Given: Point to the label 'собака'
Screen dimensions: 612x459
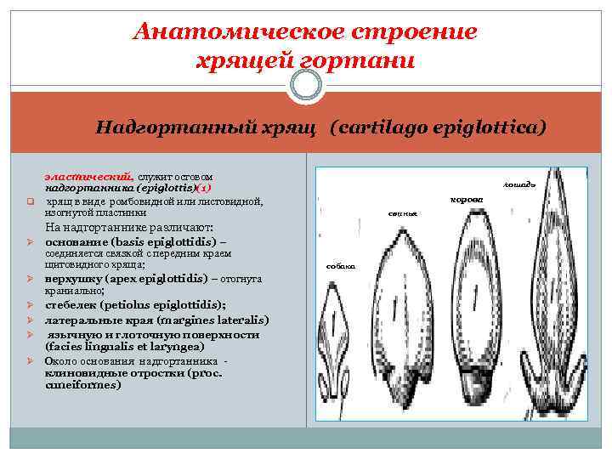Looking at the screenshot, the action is tap(341, 266).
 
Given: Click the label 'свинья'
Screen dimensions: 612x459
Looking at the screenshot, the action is tap(403, 213).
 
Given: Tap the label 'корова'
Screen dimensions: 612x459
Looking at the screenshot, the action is tap(466, 198).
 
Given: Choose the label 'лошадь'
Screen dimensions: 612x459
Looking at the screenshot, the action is tap(518, 184).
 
